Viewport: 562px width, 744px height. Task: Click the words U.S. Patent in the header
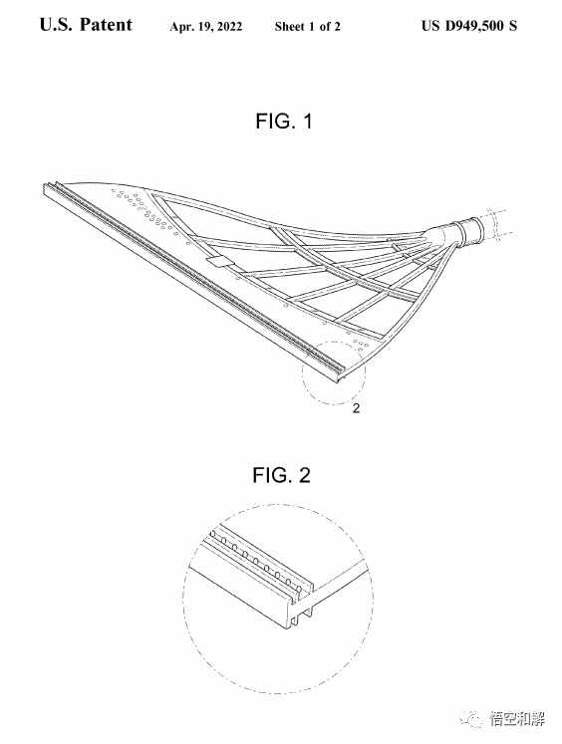coord(86,24)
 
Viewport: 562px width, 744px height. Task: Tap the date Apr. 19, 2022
coord(205,27)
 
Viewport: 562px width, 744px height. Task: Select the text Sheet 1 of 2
coord(307,26)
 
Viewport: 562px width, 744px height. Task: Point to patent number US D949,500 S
coord(469,25)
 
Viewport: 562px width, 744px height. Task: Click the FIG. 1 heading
coord(284,121)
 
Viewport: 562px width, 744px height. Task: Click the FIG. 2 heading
coord(281,475)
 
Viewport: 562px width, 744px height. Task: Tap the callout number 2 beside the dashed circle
coord(356,407)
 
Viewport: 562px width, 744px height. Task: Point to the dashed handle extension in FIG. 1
coord(495,222)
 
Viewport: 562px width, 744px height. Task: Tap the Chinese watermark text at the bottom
coord(517,719)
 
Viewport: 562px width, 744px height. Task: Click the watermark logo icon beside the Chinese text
coord(471,719)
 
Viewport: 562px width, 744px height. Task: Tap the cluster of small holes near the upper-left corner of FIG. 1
coord(142,209)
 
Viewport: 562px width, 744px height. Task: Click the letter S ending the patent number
coord(512,25)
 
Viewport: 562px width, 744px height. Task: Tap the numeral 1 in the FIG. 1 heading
coord(308,121)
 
